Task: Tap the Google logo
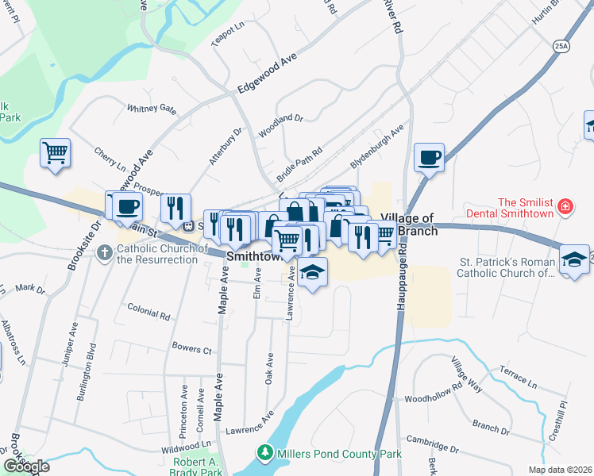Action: (x=25, y=466)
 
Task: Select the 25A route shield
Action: (x=561, y=47)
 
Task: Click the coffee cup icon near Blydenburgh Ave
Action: (x=429, y=156)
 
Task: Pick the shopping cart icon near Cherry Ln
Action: (x=55, y=152)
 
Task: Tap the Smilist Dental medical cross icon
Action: (x=565, y=207)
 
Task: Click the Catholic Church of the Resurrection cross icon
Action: (x=104, y=253)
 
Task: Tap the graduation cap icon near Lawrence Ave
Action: (x=314, y=272)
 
